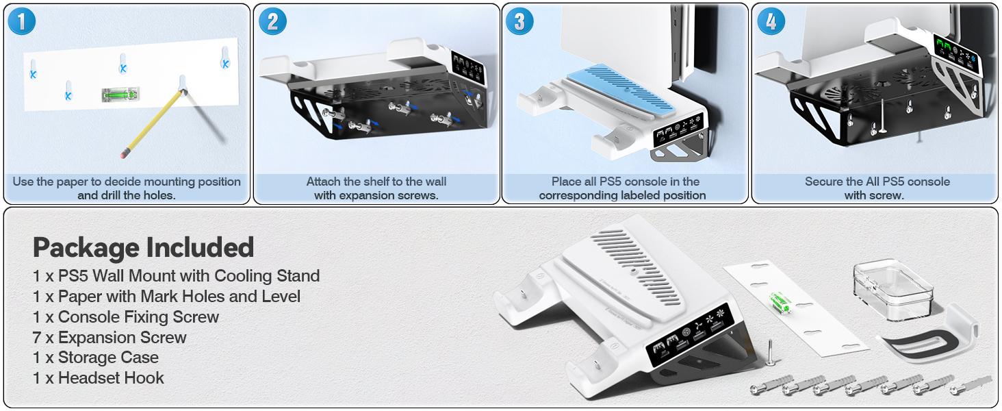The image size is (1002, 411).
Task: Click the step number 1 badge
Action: click(x=22, y=22)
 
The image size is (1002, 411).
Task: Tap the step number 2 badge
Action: click(x=272, y=22)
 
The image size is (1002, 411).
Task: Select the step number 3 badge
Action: click(x=519, y=22)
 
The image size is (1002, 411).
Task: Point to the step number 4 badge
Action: click(x=771, y=22)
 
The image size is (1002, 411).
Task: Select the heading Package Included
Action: click(x=143, y=247)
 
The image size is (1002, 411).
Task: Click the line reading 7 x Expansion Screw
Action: click(x=110, y=338)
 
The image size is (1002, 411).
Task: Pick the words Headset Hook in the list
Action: click(x=111, y=378)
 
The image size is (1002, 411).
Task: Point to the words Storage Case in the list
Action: click(x=108, y=358)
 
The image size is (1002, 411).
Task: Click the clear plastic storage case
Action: click(x=893, y=287)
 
